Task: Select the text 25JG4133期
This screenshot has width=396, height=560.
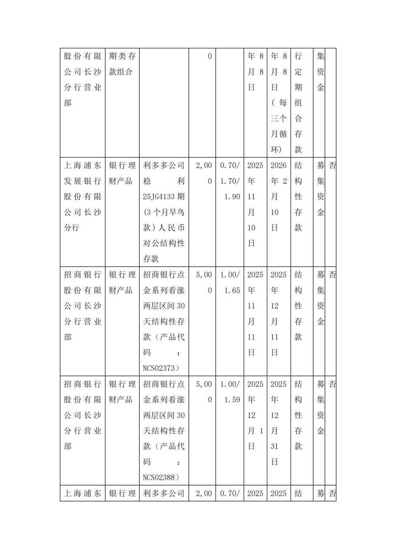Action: point(164,197)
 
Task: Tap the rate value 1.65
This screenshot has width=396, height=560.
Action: point(232,291)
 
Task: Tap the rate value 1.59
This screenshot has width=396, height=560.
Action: point(232,400)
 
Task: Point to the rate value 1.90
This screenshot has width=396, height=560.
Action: point(232,197)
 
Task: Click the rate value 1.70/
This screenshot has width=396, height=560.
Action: point(230,181)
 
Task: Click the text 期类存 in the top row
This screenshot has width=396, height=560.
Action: point(122,56)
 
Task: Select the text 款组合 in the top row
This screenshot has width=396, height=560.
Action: point(120,72)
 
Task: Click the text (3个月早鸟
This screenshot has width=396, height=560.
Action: point(164,212)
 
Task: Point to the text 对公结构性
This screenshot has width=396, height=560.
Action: point(164,243)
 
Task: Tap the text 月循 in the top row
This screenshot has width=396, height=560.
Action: point(278,134)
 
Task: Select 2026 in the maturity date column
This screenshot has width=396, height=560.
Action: point(278,166)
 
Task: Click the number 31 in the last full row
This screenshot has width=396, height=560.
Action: point(274,447)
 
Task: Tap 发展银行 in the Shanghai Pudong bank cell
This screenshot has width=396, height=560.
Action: point(82,181)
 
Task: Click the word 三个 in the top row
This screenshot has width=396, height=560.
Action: point(278,118)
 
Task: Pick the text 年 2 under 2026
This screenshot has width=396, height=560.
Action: point(278,181)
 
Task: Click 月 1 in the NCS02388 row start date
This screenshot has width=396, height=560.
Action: point(255,431)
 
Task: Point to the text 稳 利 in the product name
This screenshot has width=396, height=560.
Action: point(164,181)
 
